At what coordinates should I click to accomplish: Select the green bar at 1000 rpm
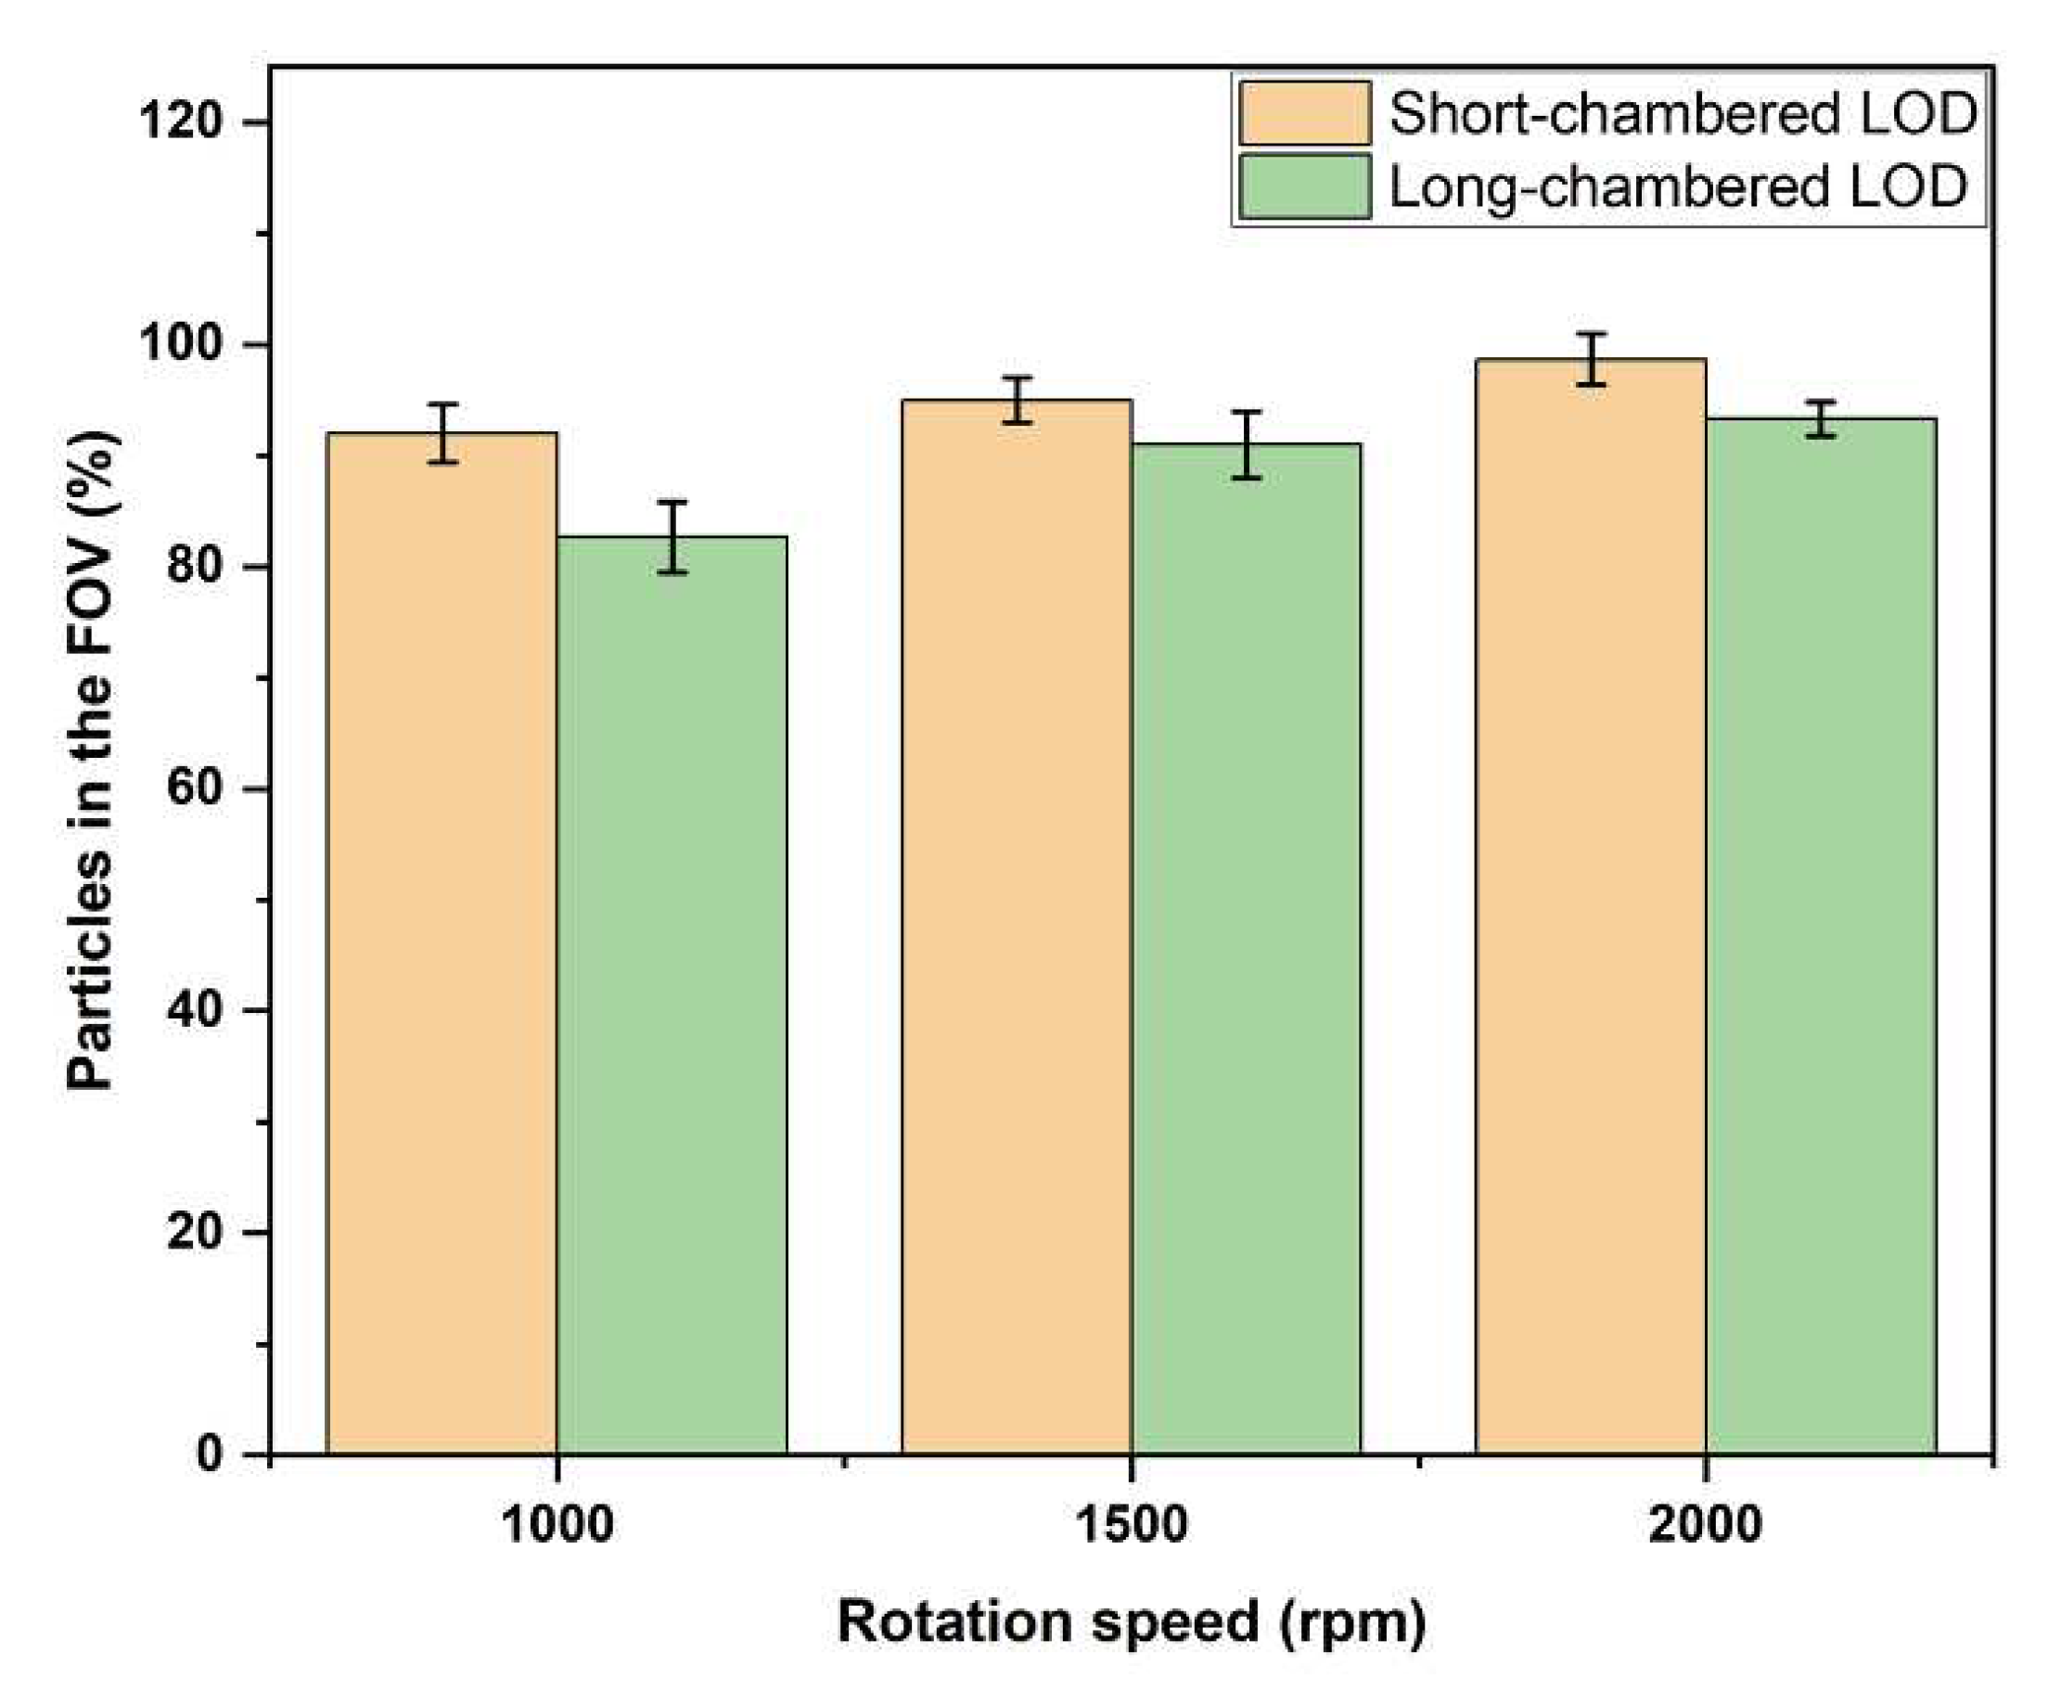coord(672,995)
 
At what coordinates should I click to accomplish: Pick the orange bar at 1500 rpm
coord(1017,927)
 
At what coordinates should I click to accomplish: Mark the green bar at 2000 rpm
coord(1821,936)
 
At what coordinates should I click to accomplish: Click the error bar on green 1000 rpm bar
coord(672,537)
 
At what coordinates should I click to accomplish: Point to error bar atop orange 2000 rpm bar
coord(1591,359)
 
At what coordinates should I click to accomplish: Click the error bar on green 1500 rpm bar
coord(1247,444)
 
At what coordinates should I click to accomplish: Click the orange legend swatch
coord(1305,113)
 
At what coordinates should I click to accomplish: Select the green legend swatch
coord(1305,186)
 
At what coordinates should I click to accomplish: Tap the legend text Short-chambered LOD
coord(1683,113)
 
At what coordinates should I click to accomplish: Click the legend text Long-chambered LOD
coord(1677,186)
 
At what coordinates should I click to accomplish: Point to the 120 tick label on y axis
coord(182,122)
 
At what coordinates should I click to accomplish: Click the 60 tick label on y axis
coord(195,788)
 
